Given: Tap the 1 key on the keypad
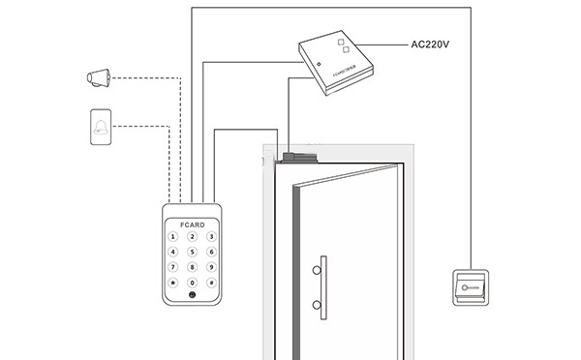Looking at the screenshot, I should pos(173,236).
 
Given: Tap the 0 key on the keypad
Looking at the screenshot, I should pos(192,284).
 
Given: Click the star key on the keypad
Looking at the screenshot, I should pos(173,284).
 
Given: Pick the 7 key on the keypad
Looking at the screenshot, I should pos(173,267).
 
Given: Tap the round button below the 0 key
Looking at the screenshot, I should pos(192,296).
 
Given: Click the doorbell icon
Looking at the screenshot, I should pos(100,127).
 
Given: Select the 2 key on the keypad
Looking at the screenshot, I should pos(192,236).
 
